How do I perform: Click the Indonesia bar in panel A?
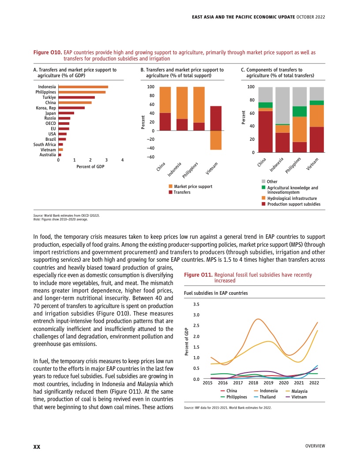pyautogui.click(x=83, y=87)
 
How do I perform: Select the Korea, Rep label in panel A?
pyautogui.click(x=46, y=108)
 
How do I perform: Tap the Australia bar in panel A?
pyautogui.click(x=60, y=155)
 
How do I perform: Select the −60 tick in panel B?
pyautogui.click(x=151, y=157)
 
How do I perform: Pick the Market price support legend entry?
pyautogui.click(x=193, y=187)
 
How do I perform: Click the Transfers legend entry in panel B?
pyautogui.click(x=182, y=192)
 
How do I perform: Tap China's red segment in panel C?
pyautogui.click(x=265, y=132)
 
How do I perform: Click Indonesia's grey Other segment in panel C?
pyautogui.click(x=282, y=105)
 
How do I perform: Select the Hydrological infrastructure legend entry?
pyautogui.click(x=292, y=199)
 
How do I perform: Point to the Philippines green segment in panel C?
pyautogui.click(x=300, y=112)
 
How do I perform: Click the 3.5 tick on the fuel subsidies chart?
pyautogui.click(x=197, y=304)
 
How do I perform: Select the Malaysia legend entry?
pyautogui.click(x=299, y=391)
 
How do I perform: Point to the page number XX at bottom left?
pyautogui.click(x=37, y=447)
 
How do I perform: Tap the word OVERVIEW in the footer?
pyautogui.click(x=315, y=446)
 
